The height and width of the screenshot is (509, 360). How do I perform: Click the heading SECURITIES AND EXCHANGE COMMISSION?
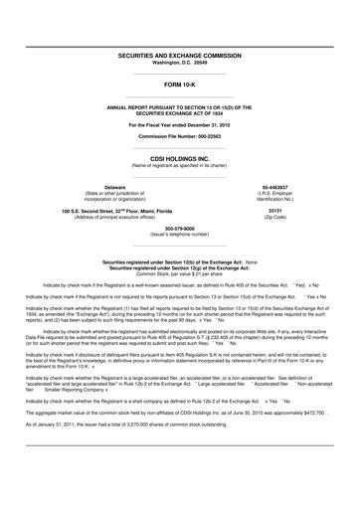(x=180, y=58)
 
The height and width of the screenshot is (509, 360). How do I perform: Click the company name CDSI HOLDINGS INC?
(x=180, y=157)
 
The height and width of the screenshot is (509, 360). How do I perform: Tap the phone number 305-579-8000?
(x=180, y=228)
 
